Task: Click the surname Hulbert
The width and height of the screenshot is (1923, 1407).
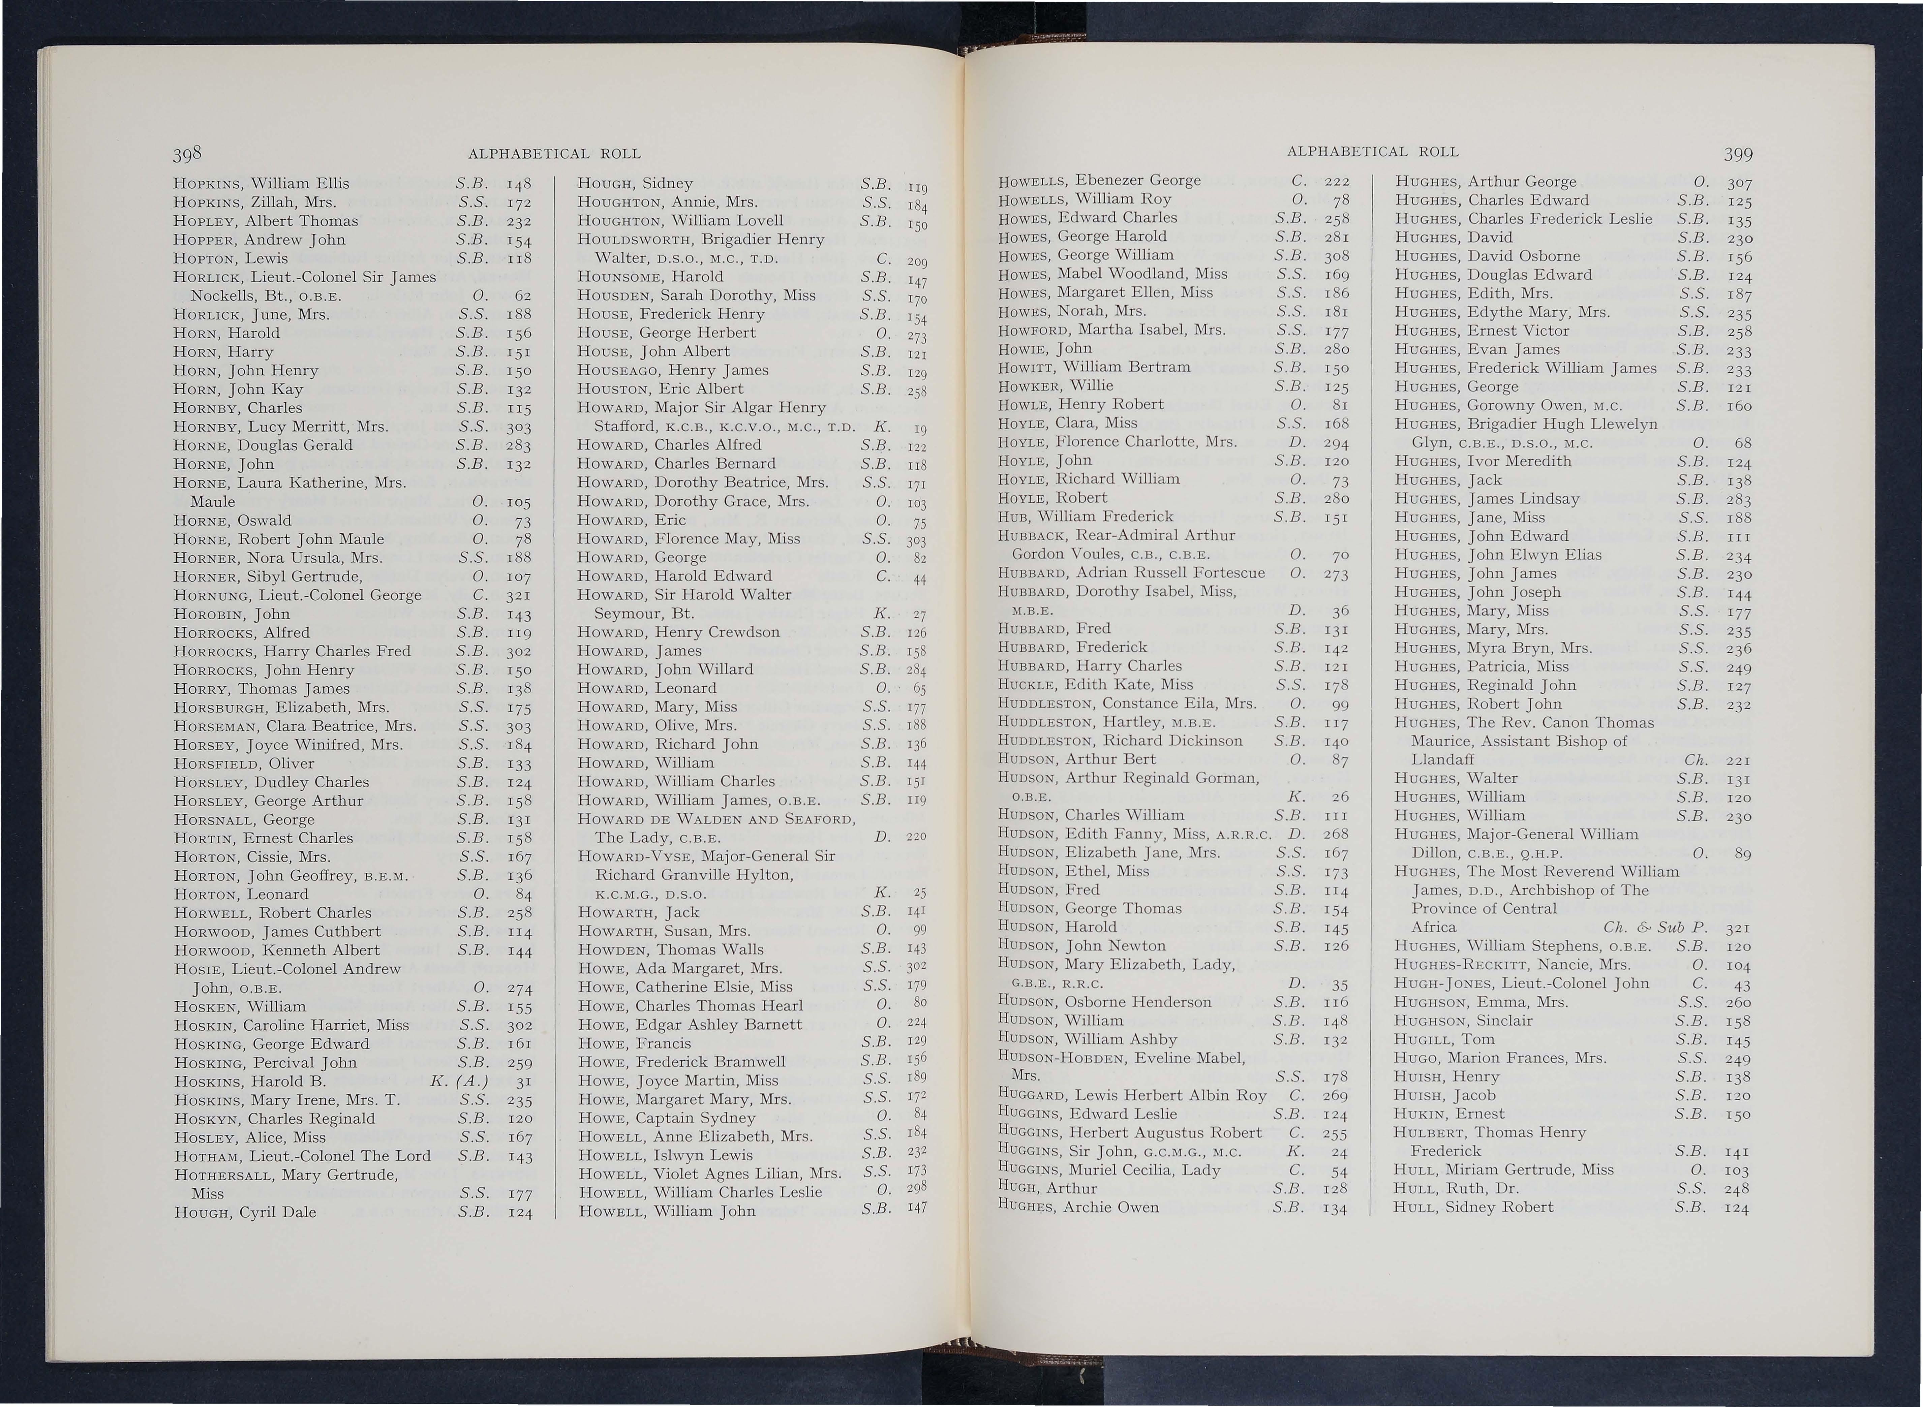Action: pyautogui.click(x=1429, y=1133)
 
